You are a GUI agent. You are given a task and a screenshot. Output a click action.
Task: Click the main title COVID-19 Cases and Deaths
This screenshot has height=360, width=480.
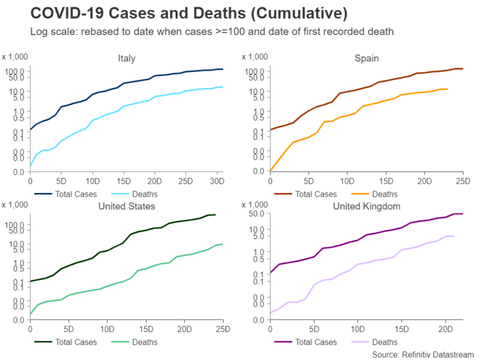pos(182,13)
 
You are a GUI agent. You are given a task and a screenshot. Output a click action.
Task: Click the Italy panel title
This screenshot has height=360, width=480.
pos(126,59)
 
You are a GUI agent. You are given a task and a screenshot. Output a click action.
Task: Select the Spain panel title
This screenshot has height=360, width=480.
pos(366,59)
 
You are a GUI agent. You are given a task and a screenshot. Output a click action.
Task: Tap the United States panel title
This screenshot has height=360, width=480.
pos(126,206)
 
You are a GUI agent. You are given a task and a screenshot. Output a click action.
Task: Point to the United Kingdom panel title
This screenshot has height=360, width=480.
pos(366,206)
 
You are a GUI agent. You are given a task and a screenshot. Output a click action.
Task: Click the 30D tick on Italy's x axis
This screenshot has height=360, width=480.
pos(216,182)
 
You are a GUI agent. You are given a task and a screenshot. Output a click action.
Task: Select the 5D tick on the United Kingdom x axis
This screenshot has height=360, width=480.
pos(314,329)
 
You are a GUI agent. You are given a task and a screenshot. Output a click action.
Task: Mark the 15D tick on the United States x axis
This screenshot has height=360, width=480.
pos(146,329)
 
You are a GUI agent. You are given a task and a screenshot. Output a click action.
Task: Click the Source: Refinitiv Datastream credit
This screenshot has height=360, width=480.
pos(423,354)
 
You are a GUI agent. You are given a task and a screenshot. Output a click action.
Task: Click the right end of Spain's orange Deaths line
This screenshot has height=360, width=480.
pos(447,89)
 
